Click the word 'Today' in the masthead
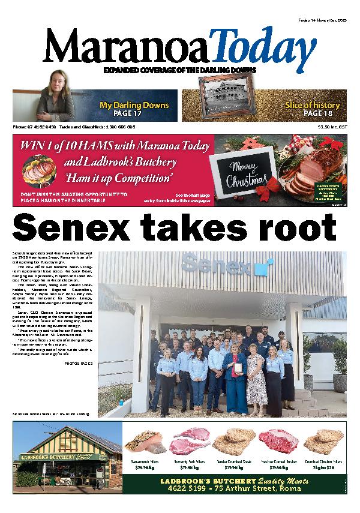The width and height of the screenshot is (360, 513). [x=263, y=49]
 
